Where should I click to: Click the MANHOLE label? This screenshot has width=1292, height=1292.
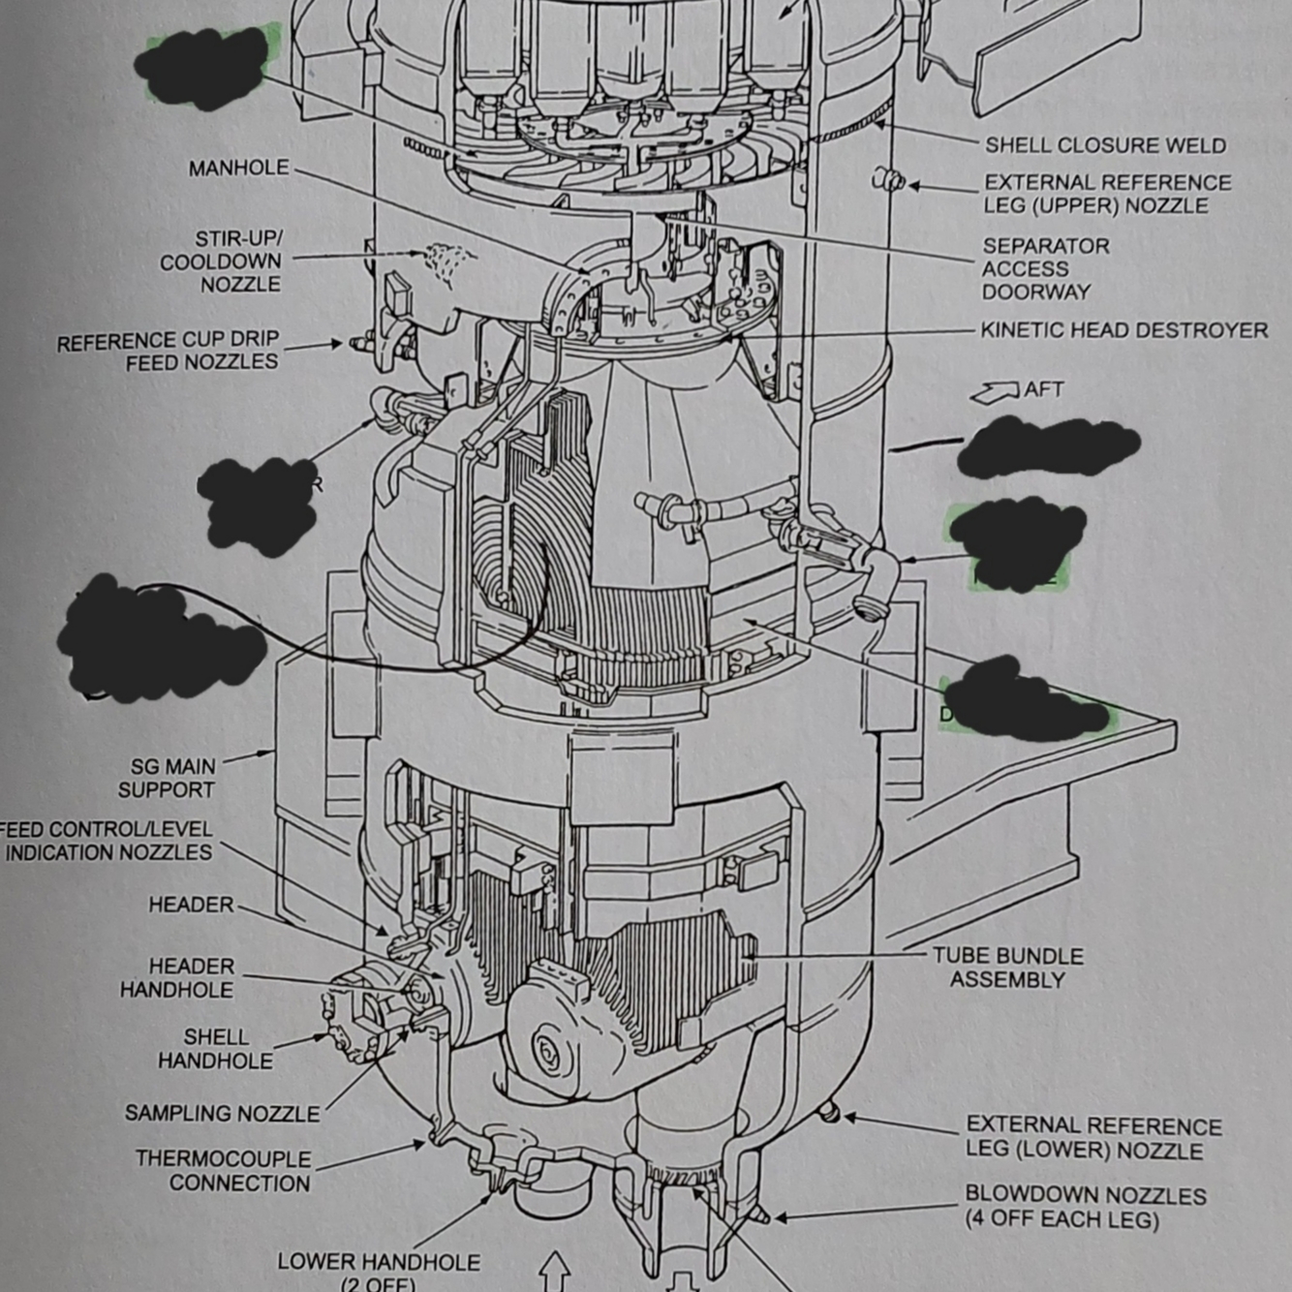[x=238, y=169]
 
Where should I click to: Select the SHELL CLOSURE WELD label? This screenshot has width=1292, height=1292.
[x=1105, y=145]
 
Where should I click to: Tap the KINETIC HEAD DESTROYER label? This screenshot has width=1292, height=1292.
[x=1123, y=330]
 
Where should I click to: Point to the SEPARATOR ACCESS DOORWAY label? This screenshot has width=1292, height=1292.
[x=1045, y=269]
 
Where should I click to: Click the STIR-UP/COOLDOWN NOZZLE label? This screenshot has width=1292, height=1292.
[x=221, y=261]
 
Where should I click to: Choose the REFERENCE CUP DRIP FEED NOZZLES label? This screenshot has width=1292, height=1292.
[x=168, y=351]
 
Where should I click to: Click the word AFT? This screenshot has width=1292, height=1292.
[x=1043, y=389]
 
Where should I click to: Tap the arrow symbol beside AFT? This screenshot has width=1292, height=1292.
[x=995, y=392]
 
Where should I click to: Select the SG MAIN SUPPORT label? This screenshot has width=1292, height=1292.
[x=168, y=779]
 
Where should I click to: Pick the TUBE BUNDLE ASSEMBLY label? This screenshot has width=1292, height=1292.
[x=1007, y=968]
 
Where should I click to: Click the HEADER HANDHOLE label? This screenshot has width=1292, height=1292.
[x=177, y=978]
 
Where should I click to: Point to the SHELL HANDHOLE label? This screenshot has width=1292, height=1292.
[x=215, y=1049]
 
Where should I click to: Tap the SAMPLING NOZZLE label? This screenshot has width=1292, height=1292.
[x=222, y=1114]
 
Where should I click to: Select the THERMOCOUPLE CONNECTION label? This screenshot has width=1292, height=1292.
[x=224, y=1171]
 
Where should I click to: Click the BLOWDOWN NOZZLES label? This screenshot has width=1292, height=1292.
[x=1085, y=1207]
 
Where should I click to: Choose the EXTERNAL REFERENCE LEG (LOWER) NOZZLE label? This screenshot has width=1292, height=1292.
[x=1093, y=1138]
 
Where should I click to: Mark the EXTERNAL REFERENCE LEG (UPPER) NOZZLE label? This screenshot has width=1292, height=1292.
[x=1107, y=194]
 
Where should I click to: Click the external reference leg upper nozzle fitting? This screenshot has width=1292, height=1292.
[x=889, y=179]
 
